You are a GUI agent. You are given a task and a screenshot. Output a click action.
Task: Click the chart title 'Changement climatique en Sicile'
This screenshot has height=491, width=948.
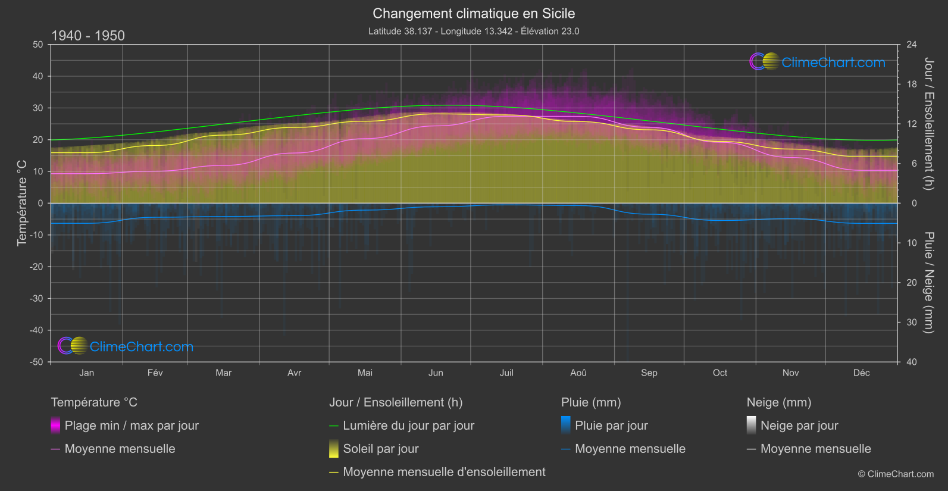click(x=474, y=14)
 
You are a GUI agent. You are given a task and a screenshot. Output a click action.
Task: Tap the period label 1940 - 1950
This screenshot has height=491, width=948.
click(x=88, y=36)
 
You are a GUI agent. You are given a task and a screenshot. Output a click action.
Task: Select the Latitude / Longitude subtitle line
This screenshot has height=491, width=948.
click(x=474, y=31)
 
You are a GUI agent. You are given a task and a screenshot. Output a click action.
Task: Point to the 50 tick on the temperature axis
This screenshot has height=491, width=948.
click(x=38, y=45)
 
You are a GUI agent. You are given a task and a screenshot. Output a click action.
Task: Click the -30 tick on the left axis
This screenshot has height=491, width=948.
click(x=37, y=299)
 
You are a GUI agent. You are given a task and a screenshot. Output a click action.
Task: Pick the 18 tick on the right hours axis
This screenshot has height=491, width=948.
click(x=912, y=85)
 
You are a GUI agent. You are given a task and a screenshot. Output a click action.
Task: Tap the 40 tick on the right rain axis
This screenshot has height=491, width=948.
click(x=912, y=362)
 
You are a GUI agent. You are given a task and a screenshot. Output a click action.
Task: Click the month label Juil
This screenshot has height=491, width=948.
click(x=506, y=373)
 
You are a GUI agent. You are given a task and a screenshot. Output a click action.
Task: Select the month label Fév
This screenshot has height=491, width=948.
click(x=155, y=373)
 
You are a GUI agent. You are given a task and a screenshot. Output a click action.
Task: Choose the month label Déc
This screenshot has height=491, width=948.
click(x=861, y=373)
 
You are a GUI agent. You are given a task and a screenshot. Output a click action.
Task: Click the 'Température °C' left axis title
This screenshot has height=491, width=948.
click(x=22, y=203)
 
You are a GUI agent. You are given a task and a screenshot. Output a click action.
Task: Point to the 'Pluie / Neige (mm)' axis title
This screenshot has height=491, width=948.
click(x=928, y=283)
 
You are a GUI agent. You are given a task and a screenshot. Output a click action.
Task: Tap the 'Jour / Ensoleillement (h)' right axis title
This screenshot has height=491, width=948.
click(x=928, y=124)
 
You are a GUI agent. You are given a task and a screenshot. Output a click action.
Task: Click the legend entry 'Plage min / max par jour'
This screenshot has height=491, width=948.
click(x=132, y=426)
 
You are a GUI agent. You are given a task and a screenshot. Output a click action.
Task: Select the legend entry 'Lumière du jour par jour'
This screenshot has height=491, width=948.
click(x=408, y=426)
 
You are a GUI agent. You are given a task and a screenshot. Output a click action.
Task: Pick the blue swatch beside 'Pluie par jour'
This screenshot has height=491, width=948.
click(x=566, y=425)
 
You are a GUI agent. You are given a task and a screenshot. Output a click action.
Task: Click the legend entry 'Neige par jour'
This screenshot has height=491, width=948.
click(x=799, y=426)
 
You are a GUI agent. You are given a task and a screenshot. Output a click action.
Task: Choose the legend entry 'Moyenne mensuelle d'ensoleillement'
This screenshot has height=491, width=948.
click(x=444, y=472)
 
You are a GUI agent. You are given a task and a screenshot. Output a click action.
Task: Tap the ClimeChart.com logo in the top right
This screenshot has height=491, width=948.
click(x=818, y=62)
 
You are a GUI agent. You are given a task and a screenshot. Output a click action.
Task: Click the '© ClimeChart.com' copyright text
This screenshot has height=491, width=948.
click(x=896, y=474)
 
